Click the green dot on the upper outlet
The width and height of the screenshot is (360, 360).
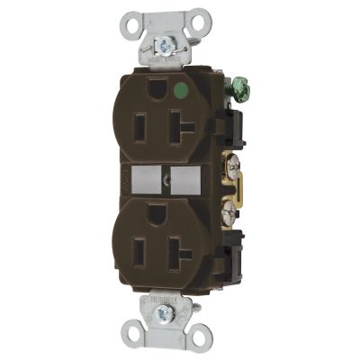(x=184, y=90)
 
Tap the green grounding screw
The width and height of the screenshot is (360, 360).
(x=240, y=89)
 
